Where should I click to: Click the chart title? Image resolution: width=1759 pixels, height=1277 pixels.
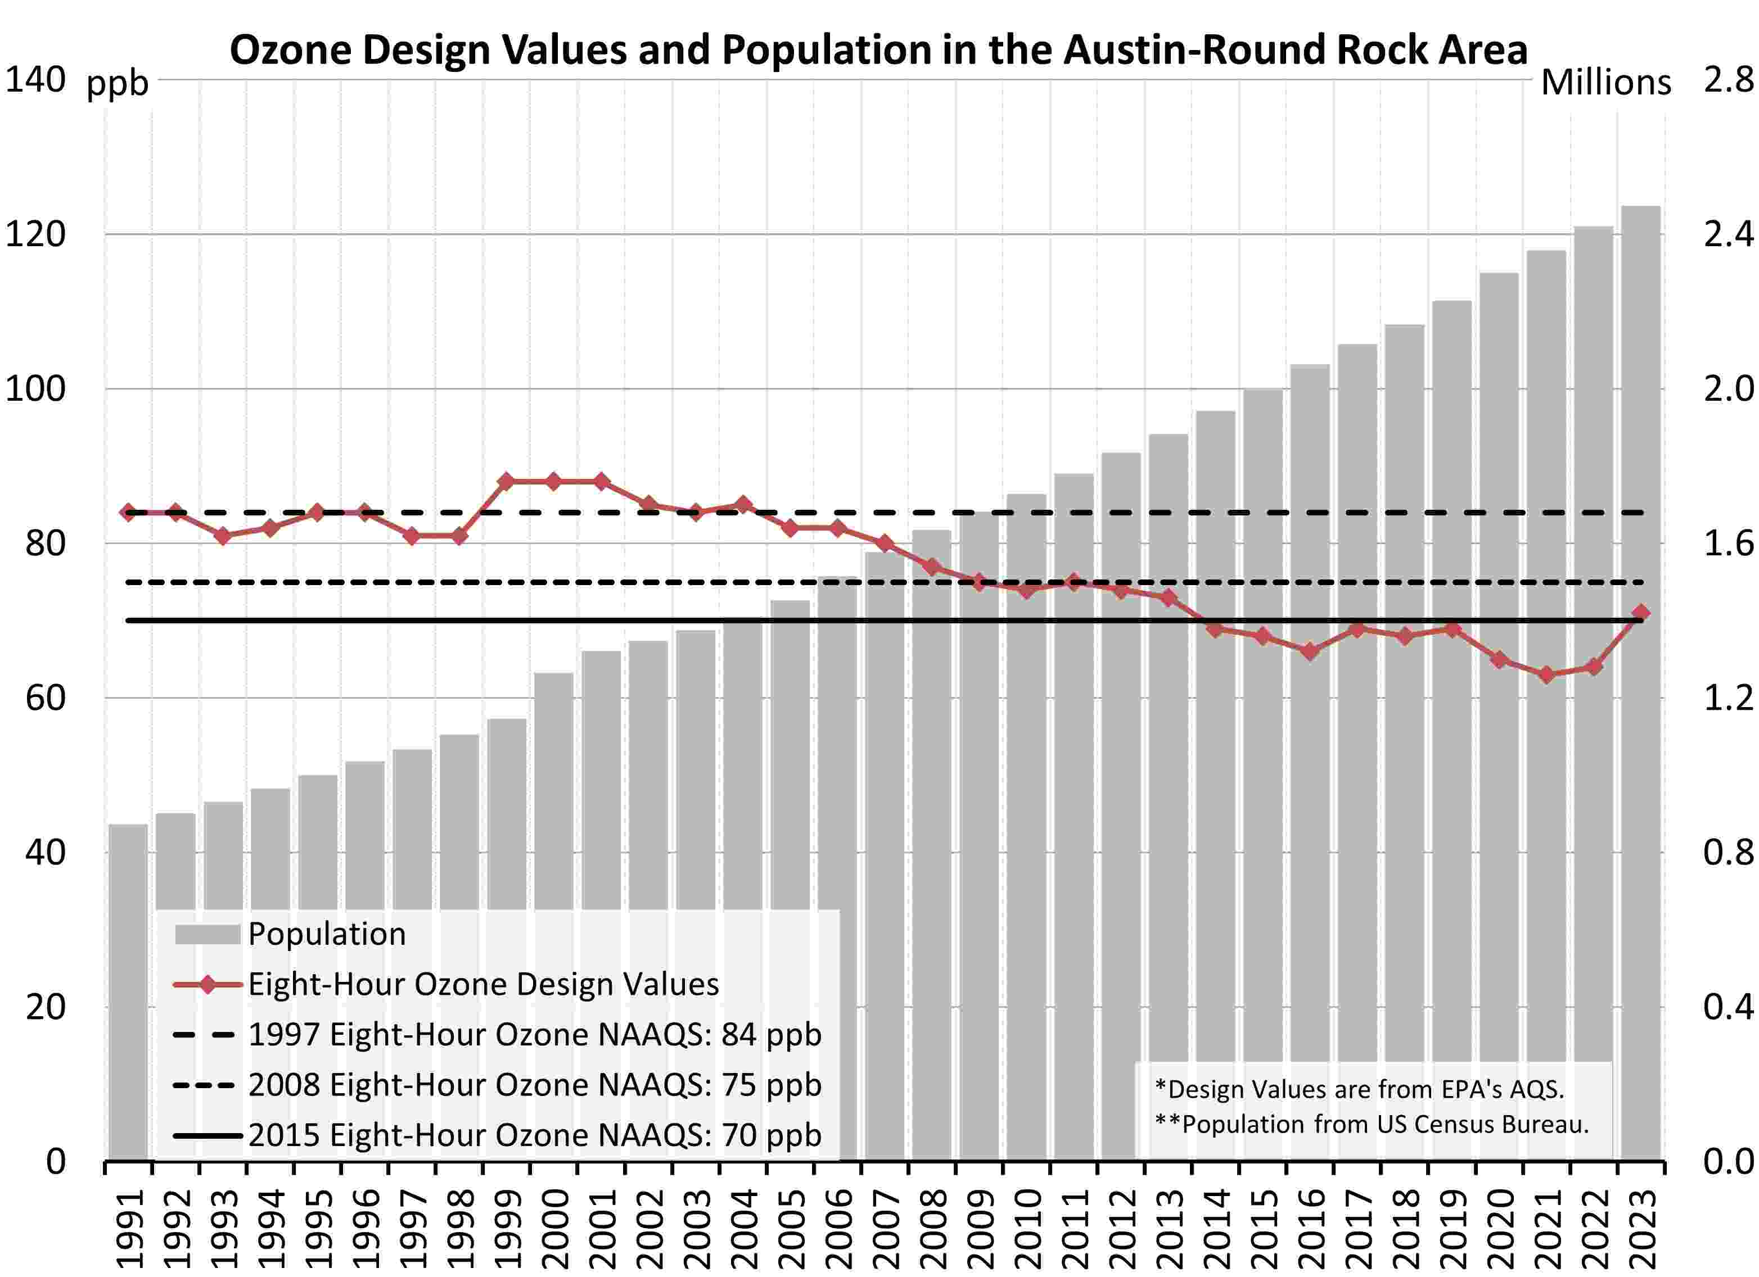878,49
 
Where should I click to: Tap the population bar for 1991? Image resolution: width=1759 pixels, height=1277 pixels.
128,993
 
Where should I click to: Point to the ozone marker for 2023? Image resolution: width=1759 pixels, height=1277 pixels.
1641,613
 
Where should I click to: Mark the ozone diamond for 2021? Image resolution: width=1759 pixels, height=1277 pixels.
1546,674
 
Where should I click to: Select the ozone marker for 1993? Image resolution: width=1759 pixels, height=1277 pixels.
223,536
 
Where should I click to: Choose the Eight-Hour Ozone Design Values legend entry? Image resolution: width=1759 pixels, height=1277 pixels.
482,985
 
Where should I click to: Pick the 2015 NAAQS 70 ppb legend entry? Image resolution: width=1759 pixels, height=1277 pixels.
534,1135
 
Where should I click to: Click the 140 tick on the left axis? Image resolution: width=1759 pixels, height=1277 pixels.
35,80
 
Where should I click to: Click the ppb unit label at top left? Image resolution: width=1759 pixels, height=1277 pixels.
117,83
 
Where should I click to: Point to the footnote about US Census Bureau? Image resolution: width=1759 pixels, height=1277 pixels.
1371,1124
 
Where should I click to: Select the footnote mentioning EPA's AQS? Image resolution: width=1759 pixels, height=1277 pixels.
1359,1089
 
